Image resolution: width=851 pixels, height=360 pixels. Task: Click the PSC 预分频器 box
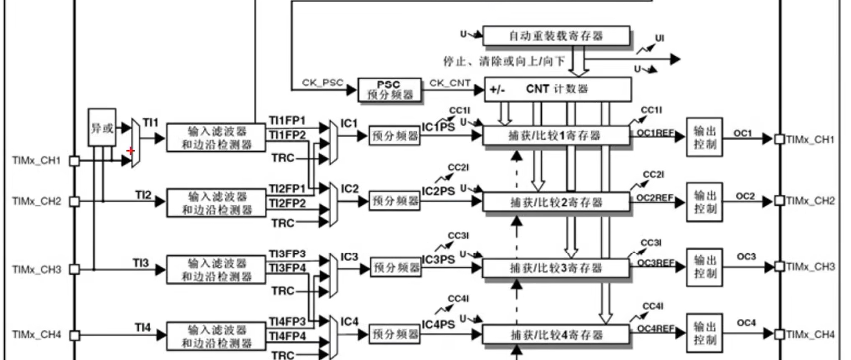[389, 90]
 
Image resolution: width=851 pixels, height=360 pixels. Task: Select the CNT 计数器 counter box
[558, 89]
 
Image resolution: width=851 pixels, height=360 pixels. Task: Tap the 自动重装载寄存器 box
[556, 36]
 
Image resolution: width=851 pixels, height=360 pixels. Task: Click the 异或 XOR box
[102, 127]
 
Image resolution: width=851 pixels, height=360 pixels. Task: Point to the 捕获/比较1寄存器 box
[555, 136]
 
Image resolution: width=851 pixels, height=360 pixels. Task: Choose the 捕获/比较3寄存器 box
[555, 268]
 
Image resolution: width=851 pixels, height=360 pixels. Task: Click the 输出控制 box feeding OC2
[704, 202]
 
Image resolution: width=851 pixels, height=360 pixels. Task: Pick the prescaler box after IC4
[395, 334]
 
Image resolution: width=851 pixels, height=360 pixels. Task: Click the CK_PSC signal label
[322, 83]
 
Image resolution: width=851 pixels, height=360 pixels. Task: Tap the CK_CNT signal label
[449, 83]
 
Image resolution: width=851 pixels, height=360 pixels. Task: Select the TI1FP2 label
[287, 135]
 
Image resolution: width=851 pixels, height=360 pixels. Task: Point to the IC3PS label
[438, 259]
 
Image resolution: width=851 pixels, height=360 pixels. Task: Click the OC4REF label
[655, 328]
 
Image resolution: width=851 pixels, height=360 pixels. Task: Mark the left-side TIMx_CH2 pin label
[37, 201]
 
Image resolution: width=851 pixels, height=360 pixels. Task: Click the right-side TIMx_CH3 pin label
[810, 266]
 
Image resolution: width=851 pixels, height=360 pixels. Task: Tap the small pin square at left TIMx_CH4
[74, 335]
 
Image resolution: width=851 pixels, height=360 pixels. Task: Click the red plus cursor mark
[131, 150]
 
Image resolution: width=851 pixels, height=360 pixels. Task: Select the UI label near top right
[659, 38]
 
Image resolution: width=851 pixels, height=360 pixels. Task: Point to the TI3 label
[141, 263]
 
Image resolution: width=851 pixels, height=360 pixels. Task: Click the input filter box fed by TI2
[216, 203]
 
